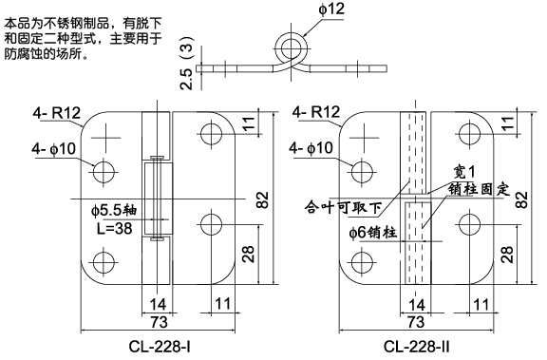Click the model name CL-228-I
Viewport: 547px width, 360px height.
(160, 347)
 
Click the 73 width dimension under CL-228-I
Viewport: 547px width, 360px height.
(159, 322)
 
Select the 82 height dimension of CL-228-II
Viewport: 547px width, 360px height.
(521, 197)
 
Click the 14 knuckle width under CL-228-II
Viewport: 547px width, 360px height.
(416, 305)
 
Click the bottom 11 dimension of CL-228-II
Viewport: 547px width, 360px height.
(481, 305)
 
